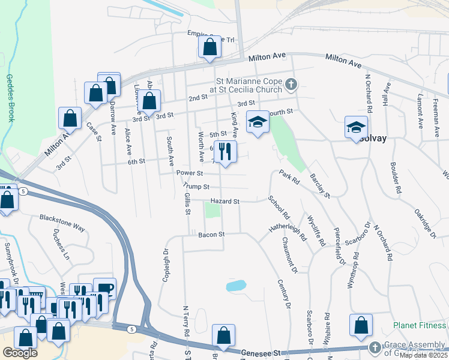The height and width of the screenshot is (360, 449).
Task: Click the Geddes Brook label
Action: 10,98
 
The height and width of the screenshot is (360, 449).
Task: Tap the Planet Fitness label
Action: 420,326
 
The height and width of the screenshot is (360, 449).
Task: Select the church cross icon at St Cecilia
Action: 291,84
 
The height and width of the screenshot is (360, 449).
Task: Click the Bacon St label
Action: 212,234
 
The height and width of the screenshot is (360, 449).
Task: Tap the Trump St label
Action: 196,187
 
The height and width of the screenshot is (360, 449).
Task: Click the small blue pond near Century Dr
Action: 236,286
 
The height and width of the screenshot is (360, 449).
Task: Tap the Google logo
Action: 20,353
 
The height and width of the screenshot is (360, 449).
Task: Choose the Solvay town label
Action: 373,139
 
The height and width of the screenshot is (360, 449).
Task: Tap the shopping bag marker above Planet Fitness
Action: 362,325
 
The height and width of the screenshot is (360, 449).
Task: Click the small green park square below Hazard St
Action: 211,211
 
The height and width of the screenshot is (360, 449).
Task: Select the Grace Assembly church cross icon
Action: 375,347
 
